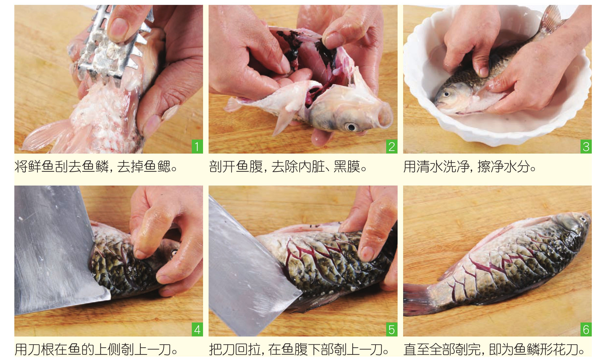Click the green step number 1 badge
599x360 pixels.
coord(197,146)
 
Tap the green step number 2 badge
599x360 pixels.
coord(391,146)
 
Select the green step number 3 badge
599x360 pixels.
coord(586,146)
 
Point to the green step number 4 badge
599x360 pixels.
coord(197,330)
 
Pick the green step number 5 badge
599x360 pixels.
coord(391,330)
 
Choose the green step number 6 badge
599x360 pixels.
coord(586,330)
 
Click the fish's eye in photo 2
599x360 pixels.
coord(351,127)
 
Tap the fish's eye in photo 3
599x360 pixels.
coord(446,94)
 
